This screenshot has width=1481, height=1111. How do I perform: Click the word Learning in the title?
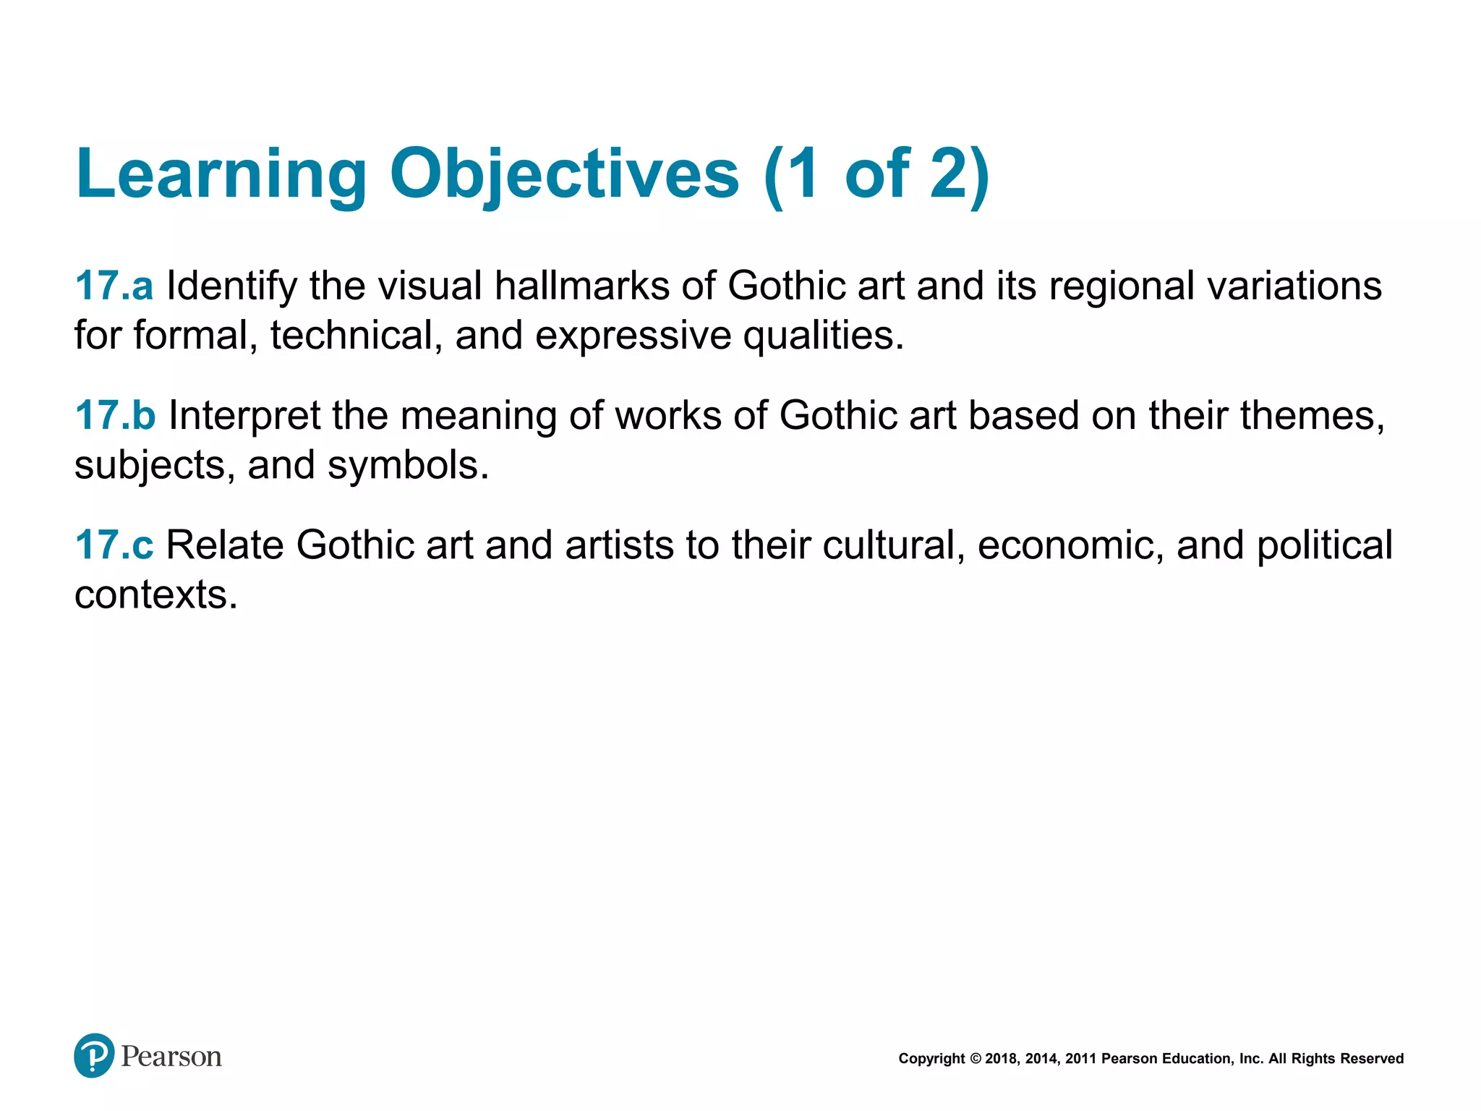221,174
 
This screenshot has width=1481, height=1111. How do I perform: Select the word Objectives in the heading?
565,174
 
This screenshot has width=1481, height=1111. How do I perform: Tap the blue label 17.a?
114,286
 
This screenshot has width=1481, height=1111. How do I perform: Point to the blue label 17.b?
115,415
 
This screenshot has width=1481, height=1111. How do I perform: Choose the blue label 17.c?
114,545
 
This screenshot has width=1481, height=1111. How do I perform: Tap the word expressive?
633,336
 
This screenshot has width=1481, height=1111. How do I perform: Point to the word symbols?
408,465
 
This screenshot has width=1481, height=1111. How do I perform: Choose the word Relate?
225,545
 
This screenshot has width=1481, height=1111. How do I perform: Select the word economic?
1070,546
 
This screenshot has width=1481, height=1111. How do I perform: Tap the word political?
1324,545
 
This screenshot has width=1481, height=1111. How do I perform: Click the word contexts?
155,595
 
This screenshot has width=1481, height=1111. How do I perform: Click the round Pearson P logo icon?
94,1055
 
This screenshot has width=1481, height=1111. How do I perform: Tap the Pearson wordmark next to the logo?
171,1057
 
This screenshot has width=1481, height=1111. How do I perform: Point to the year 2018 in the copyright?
1001,1059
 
